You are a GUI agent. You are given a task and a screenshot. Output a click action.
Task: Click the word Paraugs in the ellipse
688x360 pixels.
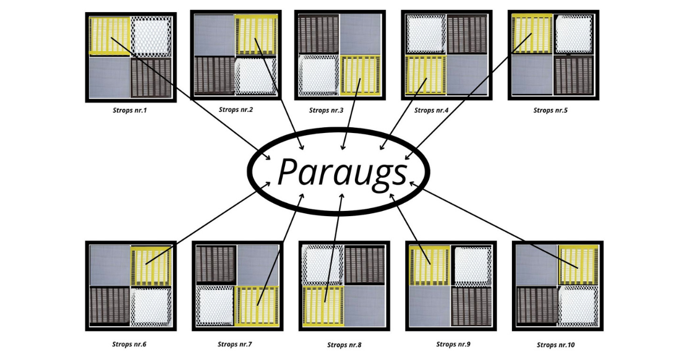coord(342,171)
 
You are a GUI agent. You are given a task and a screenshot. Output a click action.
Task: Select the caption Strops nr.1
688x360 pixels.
coord(130,110)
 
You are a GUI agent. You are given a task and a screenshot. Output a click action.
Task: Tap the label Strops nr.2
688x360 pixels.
coord(236,109)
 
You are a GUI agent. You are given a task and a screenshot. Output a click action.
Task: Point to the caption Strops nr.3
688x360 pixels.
coord(326,110)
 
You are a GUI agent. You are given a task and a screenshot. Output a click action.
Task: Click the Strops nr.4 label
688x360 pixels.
coord(432,110)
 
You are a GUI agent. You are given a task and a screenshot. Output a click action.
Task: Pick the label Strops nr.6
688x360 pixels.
coord(130,345)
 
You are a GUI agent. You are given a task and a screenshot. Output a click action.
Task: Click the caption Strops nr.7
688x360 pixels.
coord(235,345)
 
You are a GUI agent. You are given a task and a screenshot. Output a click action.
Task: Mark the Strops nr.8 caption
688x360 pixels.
coord(344,345)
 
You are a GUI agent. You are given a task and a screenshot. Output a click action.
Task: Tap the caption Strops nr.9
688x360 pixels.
coord(454,345)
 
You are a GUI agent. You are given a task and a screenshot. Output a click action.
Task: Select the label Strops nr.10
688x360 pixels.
coord(556,345)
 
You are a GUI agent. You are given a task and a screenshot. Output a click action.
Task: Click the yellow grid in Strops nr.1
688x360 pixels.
coord(110,36)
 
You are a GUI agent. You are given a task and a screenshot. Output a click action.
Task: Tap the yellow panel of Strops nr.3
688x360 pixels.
coord(361,75)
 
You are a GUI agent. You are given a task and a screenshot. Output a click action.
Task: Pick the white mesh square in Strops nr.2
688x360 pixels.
coord(256,75)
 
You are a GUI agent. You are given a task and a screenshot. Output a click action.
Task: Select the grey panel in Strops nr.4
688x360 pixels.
coord(466,75)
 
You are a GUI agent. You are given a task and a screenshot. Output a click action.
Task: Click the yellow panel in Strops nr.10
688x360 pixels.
coord(578,265)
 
